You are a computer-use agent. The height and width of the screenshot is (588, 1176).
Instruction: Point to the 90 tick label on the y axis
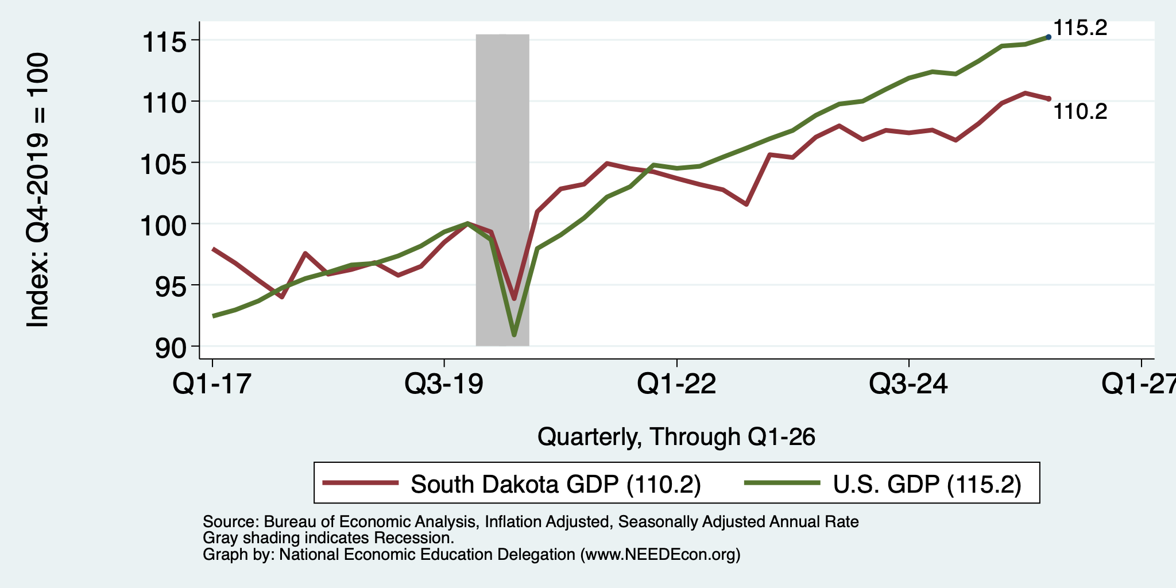(171, 348)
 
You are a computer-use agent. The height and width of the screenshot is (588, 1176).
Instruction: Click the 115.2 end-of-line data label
(1080, 28)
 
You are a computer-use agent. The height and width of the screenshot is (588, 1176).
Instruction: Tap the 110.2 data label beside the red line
(1080, 111)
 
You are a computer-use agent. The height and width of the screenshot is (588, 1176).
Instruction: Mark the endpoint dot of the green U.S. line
(1049, 37)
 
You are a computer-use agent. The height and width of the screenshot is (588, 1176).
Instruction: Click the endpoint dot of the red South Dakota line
(1049, 99)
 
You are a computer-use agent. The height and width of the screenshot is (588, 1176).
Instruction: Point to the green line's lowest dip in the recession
(514, 335)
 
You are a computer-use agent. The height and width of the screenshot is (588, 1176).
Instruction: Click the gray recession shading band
(502, 189)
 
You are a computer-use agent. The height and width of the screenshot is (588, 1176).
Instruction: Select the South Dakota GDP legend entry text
(556, 485)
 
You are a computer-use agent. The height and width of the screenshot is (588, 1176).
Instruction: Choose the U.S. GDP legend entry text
(927, 485)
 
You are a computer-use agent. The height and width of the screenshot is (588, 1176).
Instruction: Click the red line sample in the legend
(361, 483)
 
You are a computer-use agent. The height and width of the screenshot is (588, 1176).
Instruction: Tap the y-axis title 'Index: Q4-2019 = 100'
(38, 190)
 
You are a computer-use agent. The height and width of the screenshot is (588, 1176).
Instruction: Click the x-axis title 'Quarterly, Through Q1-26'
(676, 438)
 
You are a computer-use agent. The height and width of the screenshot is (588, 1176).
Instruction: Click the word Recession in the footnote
(414, 539)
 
